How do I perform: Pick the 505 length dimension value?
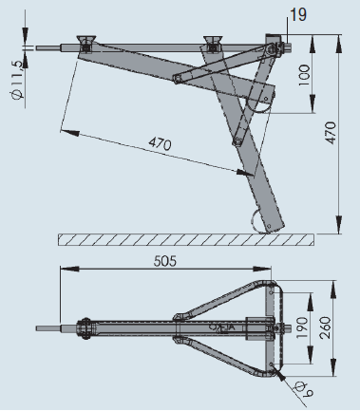click(175, 258)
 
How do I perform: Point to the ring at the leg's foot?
click(261, 219)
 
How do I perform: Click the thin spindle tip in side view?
click(47, 45)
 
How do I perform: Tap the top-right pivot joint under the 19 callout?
click(275, 46)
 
